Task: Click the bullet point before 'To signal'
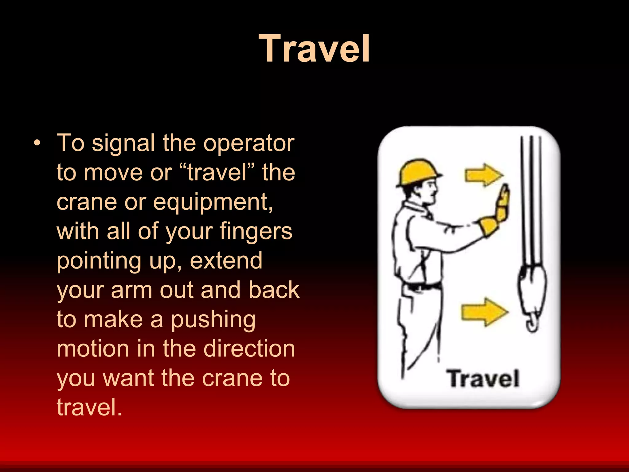click(x=37, y=143)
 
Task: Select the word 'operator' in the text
click(x=249, y=143)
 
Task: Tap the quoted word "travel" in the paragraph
click(x=217, y=172)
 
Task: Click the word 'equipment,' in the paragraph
click(x=213, y=202)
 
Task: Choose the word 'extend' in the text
click(x=226, y=261)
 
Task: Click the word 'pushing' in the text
click(x=213, y=320)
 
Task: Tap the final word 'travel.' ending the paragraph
click(x=89, y=407)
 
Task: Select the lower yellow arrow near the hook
click(x=483, y=312)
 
